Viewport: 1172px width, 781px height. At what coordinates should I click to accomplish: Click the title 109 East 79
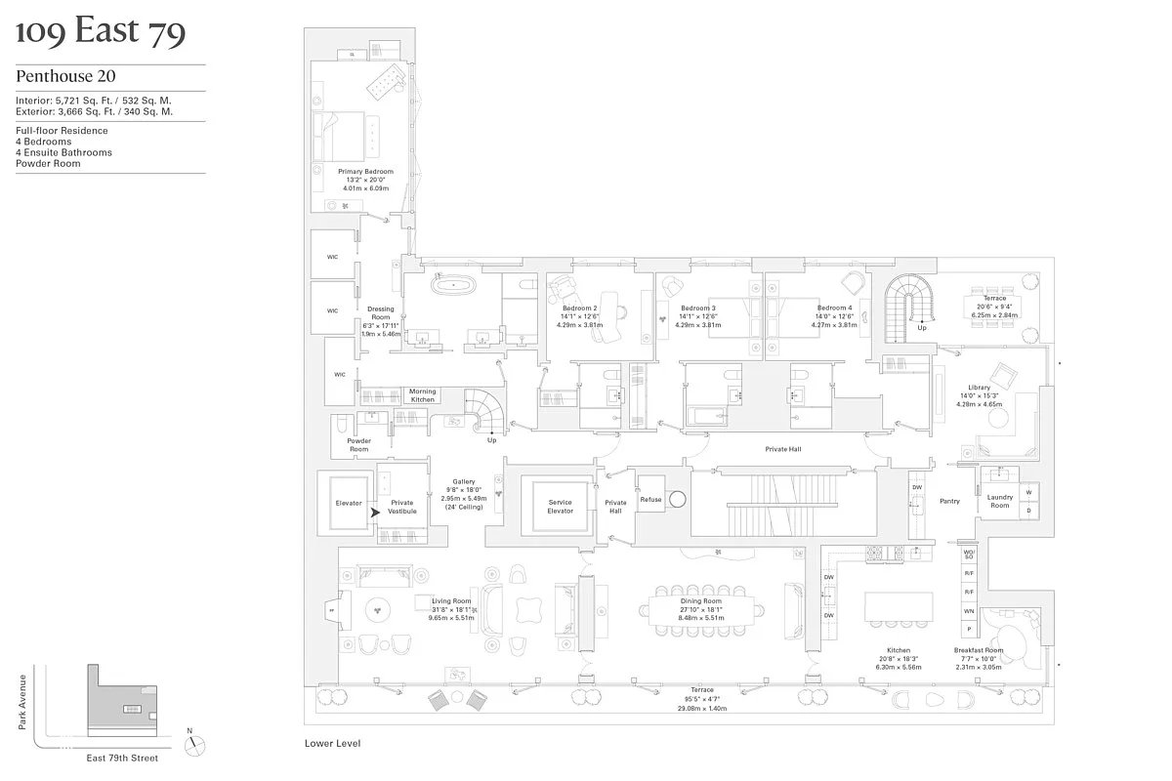coord(101,33)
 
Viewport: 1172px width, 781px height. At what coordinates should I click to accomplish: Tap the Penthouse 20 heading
coord(63,76)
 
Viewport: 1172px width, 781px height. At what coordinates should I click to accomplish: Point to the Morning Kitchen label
coord(422,395)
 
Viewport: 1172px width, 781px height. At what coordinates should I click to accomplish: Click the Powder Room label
coord(358,445)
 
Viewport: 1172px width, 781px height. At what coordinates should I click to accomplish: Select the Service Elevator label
coord(560,507)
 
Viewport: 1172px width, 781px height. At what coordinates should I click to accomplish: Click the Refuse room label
coord(650,500)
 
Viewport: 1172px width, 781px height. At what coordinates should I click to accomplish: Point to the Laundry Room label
coord(999,501)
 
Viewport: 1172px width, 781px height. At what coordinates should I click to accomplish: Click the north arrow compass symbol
coord(198,744)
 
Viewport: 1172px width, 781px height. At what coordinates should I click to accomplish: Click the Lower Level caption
coord(328,743)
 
